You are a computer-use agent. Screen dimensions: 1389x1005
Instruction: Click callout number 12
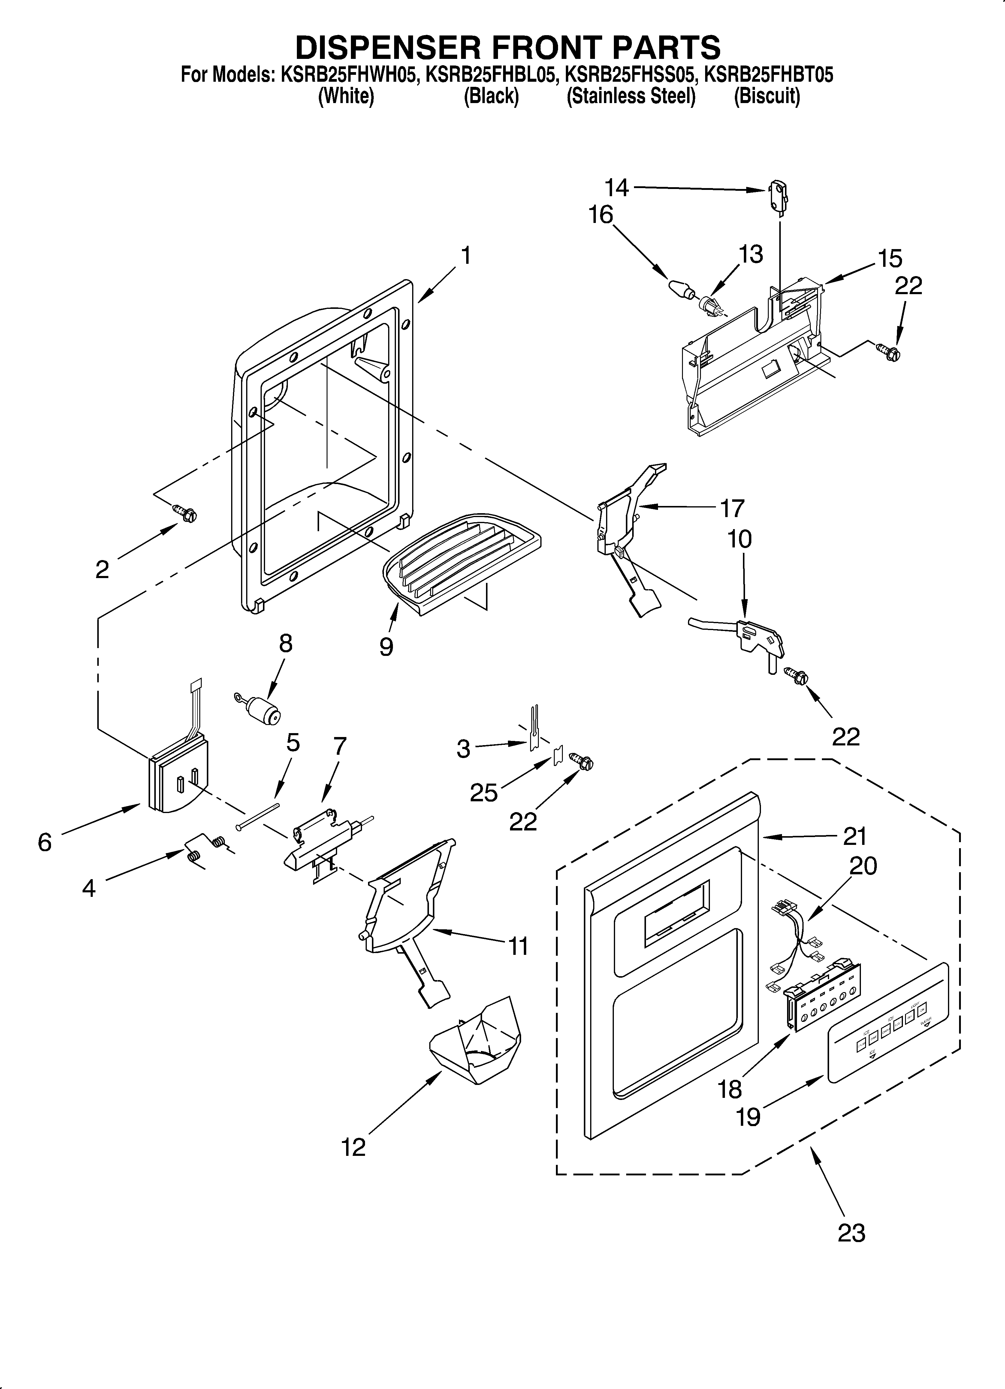coord(354,1147)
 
